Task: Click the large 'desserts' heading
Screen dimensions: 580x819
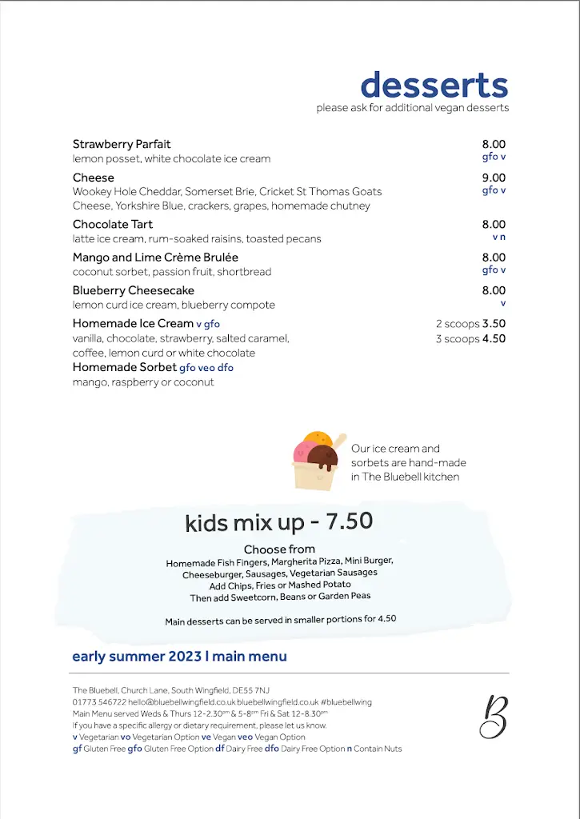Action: pos(434,85)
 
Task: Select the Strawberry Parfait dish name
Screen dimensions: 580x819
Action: pos(122,145)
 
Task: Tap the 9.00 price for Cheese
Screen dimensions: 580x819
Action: pos(494,178)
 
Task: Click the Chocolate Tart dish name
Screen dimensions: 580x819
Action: pos(113,225)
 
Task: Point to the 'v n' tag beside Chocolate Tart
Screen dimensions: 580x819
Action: pos(499,238)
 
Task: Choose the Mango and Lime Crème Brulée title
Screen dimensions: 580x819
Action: pos(155,258)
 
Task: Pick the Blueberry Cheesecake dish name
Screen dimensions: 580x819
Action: pos(134,290)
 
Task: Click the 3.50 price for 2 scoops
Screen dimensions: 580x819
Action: pos(494,324)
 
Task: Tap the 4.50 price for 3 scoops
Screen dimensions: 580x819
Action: pos(494,339)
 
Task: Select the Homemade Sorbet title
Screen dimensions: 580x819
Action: pos(124,367)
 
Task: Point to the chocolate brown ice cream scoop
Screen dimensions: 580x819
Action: pos(322,458)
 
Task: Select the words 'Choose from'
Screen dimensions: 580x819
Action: pos(279,549)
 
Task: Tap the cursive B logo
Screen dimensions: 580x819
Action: pos(493,716)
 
